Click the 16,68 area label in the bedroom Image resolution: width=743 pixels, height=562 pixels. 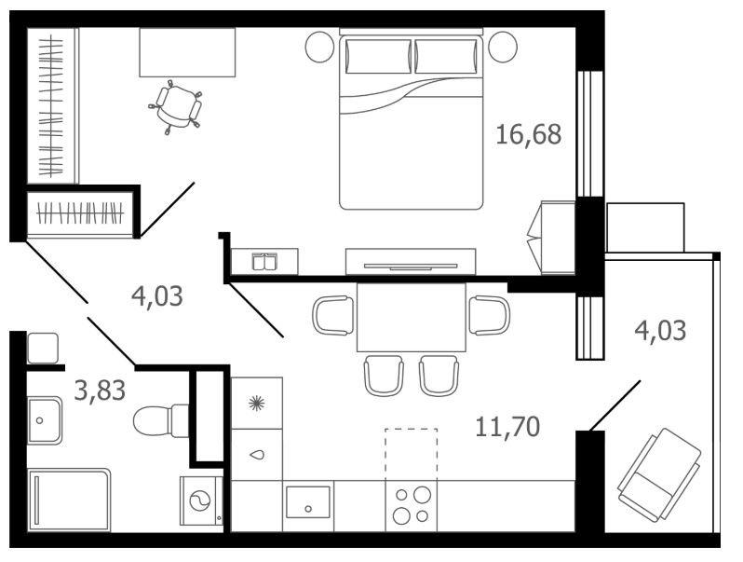pos(528,134)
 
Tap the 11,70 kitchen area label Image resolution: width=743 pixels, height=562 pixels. pos(507,427)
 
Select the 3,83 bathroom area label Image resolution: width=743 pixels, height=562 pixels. pos(100,391)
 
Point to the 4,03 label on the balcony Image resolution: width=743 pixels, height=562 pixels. pos(660,331)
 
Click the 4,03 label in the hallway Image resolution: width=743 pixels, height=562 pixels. pos(156,297)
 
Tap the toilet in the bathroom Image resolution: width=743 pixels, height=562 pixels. pos(161,420)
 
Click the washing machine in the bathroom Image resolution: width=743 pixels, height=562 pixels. pos(201,500)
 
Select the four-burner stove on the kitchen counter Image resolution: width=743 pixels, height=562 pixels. pos(412,505)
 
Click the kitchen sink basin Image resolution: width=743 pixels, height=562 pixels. pos(308,502)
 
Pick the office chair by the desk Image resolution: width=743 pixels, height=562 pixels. pos(176,107)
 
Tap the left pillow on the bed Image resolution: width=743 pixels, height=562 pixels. pos(378,57)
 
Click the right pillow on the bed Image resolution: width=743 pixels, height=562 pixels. pos(446,57)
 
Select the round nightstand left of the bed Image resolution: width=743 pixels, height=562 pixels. pos(320,47)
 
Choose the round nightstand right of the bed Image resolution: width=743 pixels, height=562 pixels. pos(502,47)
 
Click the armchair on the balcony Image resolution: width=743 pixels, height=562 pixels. pos(659,475)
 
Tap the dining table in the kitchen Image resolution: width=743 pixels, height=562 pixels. pos(412,317)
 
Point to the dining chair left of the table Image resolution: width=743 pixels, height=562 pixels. pos(333,315)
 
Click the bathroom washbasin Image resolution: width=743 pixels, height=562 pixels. pos(44,420)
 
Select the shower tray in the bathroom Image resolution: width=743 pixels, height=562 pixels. pos(69,500)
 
